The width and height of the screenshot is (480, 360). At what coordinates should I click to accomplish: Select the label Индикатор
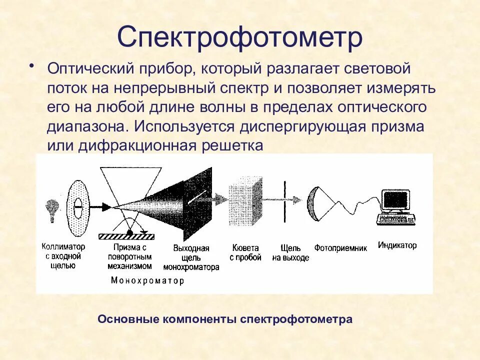[x=397, y=245]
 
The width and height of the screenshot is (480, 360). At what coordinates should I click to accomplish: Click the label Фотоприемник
[x=340, y=247]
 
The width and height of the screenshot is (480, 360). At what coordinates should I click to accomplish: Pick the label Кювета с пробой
[x=245, y=252]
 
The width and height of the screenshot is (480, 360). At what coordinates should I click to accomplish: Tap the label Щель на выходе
[x=290, y=252]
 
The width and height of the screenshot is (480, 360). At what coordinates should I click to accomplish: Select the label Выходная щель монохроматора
[x=195, y=257]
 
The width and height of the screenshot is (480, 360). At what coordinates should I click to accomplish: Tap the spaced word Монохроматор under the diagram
[x=147, y=280]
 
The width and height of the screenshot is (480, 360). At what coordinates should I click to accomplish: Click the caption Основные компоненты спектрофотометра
[x=225, y=319]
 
